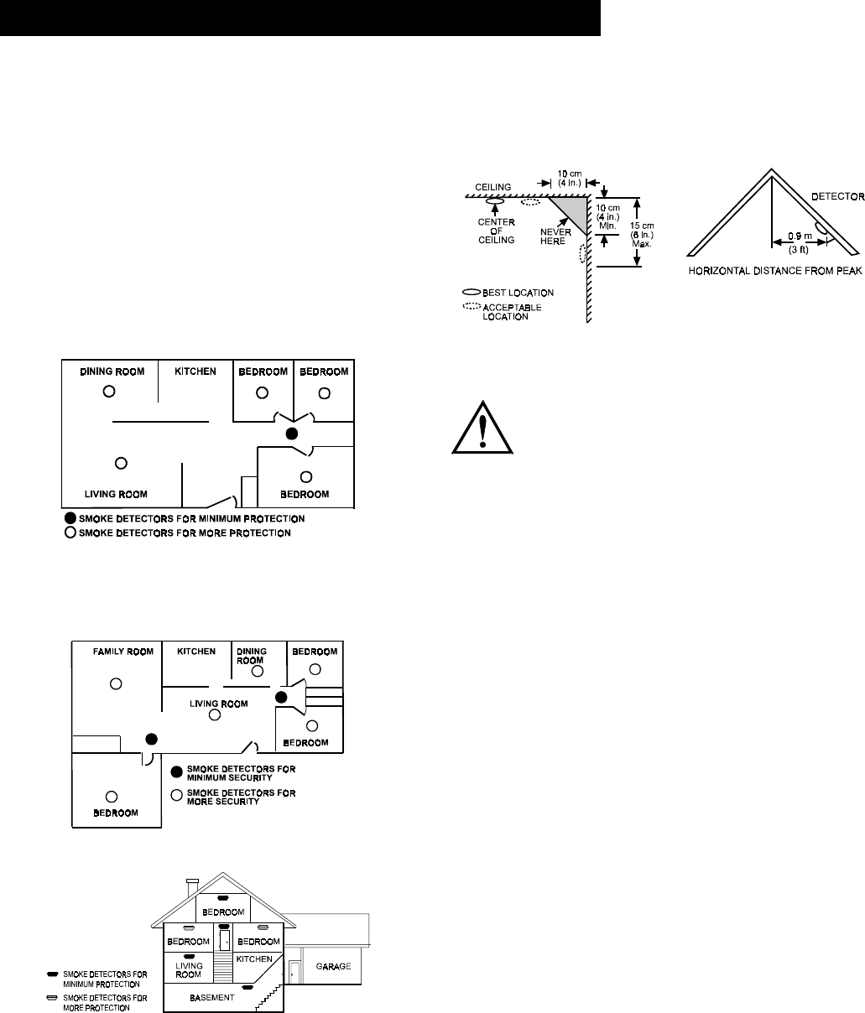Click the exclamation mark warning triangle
482,427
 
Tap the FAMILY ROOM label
123,652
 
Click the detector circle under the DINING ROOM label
108,391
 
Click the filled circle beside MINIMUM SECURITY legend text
176,771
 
